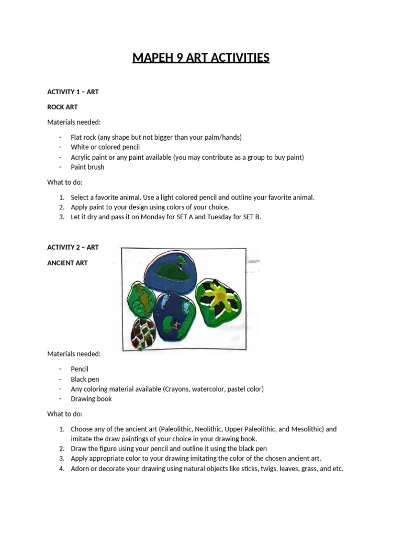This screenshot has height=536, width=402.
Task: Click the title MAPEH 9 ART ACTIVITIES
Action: click(201, 58)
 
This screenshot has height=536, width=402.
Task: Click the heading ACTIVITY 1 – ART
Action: click(73, 92)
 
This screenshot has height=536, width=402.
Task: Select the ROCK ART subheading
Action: click(62, 107)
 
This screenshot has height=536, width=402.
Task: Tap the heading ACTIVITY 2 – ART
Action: click(73, 248)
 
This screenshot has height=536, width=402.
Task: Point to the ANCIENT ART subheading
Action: click(68, 263)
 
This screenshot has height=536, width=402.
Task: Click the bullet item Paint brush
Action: click(87, 167)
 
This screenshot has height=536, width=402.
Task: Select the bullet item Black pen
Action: click(85, 379)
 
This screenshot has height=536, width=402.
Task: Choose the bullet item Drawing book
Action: click(91, 399)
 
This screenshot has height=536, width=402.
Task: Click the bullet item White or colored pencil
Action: click(105, 147)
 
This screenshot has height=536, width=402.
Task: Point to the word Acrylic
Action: click(82, 157)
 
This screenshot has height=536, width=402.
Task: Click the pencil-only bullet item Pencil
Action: click(80, 369)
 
